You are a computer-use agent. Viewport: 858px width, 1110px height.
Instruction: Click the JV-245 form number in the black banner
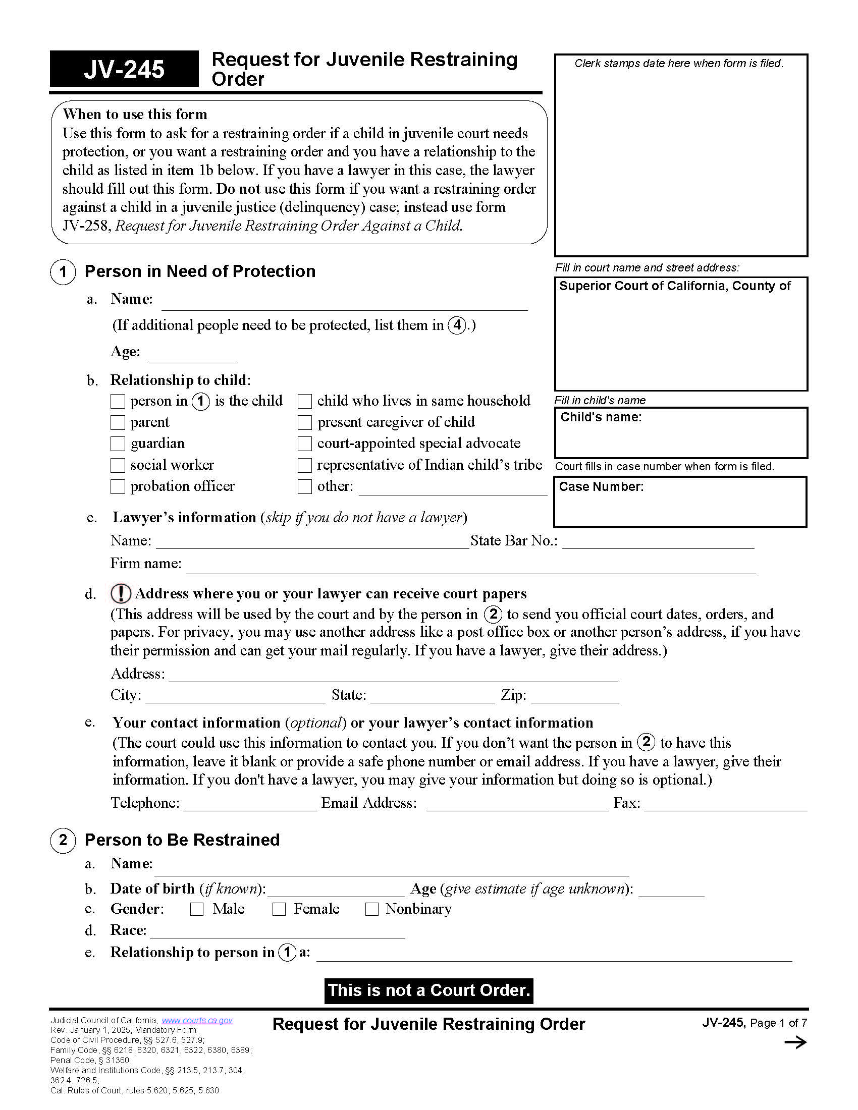pyautogui.click(x=124, y=69)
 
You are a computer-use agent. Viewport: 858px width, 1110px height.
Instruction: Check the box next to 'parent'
pyautogui.click(x=118, y=422)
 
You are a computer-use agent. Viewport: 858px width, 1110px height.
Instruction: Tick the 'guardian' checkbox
pyautogui.click(x=118, y=443)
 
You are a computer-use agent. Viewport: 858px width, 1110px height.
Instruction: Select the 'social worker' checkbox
pyautogui.click(x=118, y=465)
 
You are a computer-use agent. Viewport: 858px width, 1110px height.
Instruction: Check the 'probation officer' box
pyautogui.click(x=118, y=486)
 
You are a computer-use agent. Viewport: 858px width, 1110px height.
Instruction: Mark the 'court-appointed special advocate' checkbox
pyautogui.click(x=304, y=443)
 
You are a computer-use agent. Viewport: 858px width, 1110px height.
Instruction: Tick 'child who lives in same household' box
pyautogui.click(x=304, y=401)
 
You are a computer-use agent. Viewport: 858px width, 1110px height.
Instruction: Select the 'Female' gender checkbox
pyautogui.click(x=279, y=909)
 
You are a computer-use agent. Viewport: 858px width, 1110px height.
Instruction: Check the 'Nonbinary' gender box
pyautogui.click(x=372, y=909)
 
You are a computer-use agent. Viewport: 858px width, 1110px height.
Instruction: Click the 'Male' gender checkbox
pyautogui.click(x=197, y=909)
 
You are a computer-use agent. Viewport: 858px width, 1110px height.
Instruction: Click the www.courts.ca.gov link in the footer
pyautogui.click(x=197, y=1020)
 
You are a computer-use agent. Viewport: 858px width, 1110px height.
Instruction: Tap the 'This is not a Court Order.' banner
pyautogui.click(x=428, y=990)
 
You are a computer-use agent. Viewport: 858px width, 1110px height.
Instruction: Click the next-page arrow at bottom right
pyautogui.click(x=795, y=1043)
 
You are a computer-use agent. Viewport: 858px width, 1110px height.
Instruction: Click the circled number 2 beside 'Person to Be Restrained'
pyautogui.click(x=63, y=840)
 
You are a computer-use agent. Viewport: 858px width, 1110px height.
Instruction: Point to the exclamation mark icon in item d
pyautogui.click(x=121, y=593)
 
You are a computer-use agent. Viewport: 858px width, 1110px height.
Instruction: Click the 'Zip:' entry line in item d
pyautogui.click(x=575, y=697)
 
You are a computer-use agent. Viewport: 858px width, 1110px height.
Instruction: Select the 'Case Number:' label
pyautogui.click(x=601, y=486)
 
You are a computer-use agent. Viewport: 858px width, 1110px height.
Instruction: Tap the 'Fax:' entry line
pyautogui.click(x=725, y=805)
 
